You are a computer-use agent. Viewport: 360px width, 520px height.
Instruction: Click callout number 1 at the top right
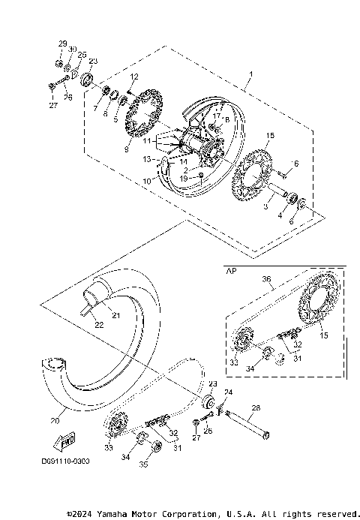(x=251, y=75)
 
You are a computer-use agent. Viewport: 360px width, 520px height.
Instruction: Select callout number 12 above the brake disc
(x=133, y=77)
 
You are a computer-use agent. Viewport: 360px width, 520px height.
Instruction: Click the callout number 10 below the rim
(x=148, y=182)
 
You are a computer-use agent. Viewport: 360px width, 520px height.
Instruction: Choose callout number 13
(x=147, y=159)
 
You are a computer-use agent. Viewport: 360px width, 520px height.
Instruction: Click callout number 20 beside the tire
(x=53, y=421)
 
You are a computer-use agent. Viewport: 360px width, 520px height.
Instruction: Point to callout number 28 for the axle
(x=256, y=408)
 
